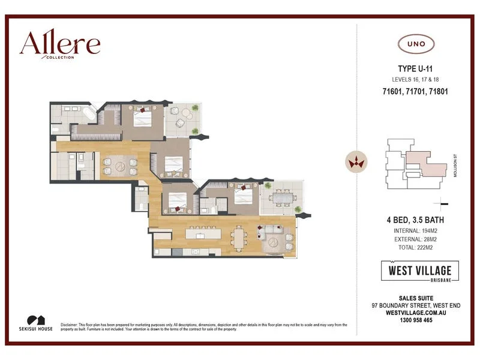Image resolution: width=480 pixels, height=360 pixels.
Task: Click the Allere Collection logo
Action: click(x=59, y=45)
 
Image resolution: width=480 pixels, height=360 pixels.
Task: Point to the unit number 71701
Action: click(x=416, y=92)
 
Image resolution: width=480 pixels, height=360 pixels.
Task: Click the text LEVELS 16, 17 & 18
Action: click(x=416, y=80)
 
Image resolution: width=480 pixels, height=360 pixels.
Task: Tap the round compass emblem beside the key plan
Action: click(x=355, y=161)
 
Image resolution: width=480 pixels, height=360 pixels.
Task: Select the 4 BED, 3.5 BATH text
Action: click(x=416, y=220)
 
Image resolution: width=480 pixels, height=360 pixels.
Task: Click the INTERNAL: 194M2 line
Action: click(x=416, y=230)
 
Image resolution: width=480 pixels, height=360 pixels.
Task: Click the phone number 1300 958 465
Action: click(x=416, y=320)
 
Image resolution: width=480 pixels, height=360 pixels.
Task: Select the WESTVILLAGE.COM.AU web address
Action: click(x=416, y=313)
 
